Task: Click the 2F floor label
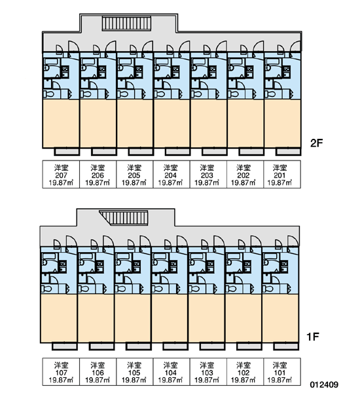click(x=316, y=143)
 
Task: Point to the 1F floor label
click(x=313, y=337)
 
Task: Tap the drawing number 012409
click(x=324, y=384)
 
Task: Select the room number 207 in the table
click(x=61, y=175)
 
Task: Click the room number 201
click(x=279, y=175)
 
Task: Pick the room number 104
click(x=170, y=373)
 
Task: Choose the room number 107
click(x=61, y=373)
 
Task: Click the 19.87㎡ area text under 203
click(x=207, y=183)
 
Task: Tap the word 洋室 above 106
click(x=98, y=365)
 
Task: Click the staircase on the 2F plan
click(x=126, y=24)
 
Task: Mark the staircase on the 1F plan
click(x=124, y=218)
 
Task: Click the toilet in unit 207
click(x=48, y=94)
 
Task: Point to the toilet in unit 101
click(x=268, y=289)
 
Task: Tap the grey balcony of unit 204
click(x=177, y=152)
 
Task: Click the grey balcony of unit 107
click(x=65, y=346)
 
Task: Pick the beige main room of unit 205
click(x=135, y=124)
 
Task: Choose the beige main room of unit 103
click(x=206, y=318)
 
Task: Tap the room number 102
click(x=243, y=373)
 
